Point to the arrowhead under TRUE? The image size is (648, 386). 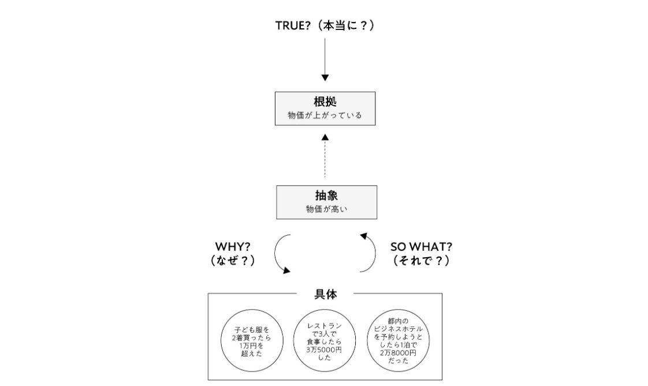point(325,77)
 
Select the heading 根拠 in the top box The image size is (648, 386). point(325,102)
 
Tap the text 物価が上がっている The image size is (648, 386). point(325,116)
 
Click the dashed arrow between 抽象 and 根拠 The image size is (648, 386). point(325,156)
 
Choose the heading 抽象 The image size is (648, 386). point(326,195)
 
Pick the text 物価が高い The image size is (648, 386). point(326,209)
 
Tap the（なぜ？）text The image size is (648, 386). point(232,260)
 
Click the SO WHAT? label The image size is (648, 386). point(420,247)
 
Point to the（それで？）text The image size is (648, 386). point(420,260)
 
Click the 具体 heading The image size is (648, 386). point(325,294)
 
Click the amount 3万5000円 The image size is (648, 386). point(325,350)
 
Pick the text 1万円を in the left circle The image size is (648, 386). point(248,346)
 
